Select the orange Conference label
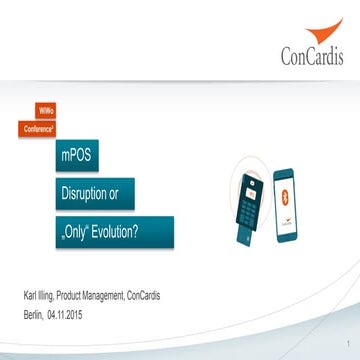coord(38,128)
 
